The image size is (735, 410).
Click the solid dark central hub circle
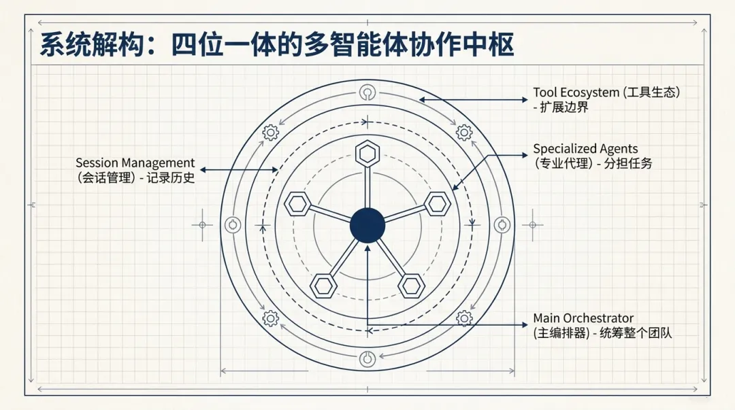pos(367,225)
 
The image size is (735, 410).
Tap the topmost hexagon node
pos(367,153)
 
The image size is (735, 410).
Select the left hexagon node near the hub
pos(297,203)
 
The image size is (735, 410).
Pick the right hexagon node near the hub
pos(438,203)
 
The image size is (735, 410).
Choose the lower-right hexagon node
pos(411,285)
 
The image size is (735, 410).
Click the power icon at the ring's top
pos(367,92)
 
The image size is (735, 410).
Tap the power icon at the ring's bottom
pos(367,358)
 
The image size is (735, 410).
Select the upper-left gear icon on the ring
pos(270,132)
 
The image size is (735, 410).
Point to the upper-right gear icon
pos(464,132)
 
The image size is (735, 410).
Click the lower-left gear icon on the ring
pos(270,318)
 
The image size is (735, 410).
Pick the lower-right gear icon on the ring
pos(464,318)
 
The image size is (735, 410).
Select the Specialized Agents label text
pos(585,149)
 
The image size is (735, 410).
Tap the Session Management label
pos(135,163)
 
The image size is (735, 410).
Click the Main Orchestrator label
pos(583,318)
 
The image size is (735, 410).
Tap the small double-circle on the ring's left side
pos(233,225)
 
